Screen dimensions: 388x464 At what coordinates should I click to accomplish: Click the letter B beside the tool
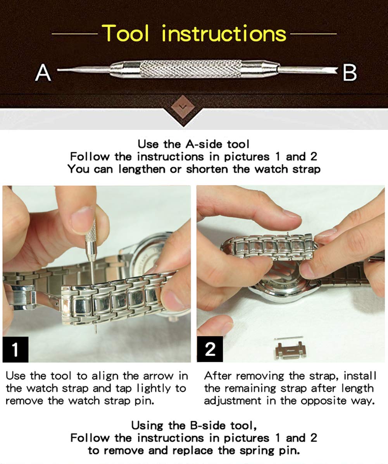pyautogui.click(x=350, y=72)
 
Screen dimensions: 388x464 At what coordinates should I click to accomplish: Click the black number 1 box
pyautogui.click(x=16, y=349)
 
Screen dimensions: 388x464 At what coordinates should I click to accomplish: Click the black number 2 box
pyautogui.click(x=210, y=349)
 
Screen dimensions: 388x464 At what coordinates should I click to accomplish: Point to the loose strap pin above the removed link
pyautogui.click(x=289, y=338)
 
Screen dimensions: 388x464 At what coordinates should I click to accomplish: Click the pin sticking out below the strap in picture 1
pyautogui.click(x=95, y=328)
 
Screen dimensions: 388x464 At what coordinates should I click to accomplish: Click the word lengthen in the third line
pyautogui.click(x=141, y=169)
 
